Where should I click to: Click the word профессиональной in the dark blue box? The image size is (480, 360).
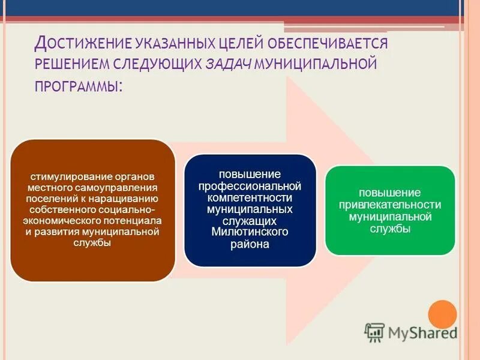click(x=250, y=186)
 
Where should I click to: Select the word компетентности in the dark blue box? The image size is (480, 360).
click(x=250, y=197)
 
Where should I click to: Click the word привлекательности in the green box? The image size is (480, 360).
click(x=390, y=204)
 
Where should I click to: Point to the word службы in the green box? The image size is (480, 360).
click(x=390, y=227)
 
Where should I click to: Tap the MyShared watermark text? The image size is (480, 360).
click(x=422, y=332)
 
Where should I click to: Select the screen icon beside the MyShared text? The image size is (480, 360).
click(x=374, y=332)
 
